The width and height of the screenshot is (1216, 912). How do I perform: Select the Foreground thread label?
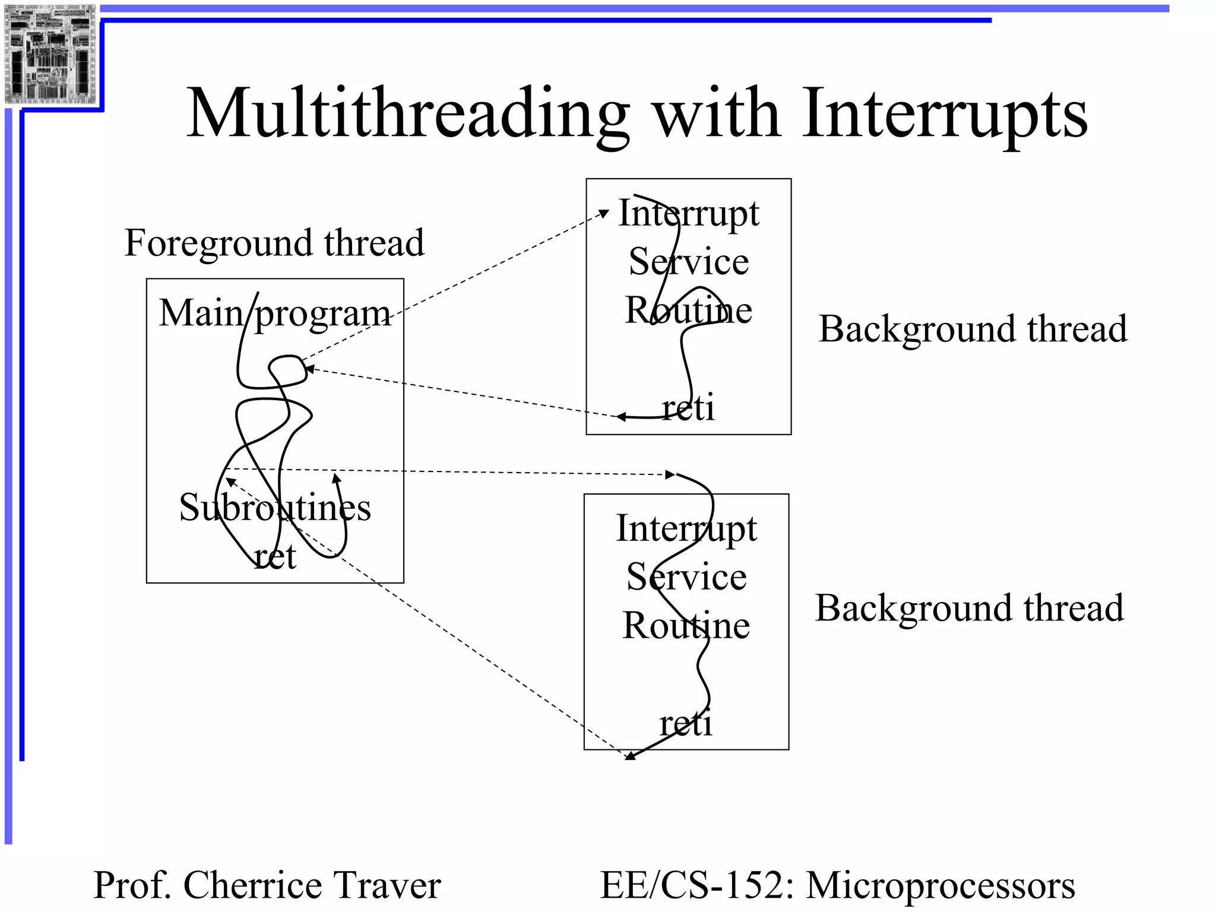[274, 243]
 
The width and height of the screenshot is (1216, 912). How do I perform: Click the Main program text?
[274, 313]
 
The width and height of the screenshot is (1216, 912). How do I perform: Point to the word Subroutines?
[275, 508]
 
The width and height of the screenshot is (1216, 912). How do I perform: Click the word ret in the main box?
[275, 556]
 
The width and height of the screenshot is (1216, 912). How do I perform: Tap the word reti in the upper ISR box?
[688, 408]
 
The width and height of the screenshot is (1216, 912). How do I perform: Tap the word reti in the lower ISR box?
[686, 724]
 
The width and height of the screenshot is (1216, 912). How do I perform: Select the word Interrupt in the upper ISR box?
[689, 213]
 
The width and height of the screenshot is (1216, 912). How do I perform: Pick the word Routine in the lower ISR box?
[686, 625]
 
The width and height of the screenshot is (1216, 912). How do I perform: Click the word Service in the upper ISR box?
[689, 262]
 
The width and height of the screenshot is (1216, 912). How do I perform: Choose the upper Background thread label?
[972, 329]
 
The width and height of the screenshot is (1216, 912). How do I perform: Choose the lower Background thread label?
[969, 608]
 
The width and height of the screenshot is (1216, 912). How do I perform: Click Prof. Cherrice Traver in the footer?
[267, 885]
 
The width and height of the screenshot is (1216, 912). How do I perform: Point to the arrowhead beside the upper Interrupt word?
[604, 213]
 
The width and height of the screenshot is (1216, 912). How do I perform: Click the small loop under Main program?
[289, 368]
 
